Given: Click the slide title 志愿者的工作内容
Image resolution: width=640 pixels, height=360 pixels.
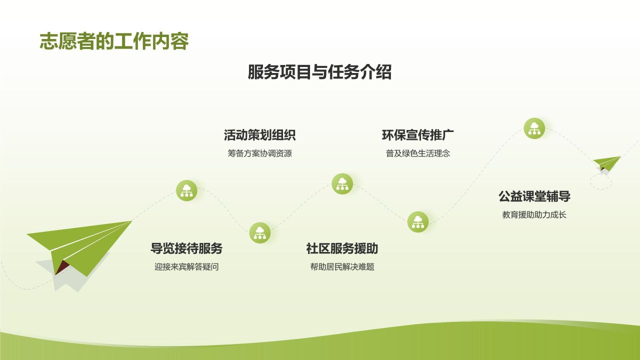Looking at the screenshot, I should [114, 42].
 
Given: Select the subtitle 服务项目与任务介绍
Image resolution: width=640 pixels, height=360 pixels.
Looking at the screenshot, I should [319, 72].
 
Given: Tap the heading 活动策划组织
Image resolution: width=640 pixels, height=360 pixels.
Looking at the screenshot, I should [259, 135].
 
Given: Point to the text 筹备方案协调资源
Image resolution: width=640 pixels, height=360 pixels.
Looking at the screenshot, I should [259, 153].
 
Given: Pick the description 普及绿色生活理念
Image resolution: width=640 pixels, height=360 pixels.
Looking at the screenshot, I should [417, 153].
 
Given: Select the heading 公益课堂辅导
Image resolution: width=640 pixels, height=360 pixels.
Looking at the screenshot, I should [534, 196].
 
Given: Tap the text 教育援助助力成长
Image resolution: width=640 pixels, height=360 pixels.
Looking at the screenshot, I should [534, 215].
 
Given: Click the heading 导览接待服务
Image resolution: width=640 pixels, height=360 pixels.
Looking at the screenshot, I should [186, 248].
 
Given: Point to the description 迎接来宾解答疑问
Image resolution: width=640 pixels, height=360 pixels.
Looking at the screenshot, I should [186, 267].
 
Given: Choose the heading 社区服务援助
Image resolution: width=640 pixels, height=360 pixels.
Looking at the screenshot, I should [342, 248].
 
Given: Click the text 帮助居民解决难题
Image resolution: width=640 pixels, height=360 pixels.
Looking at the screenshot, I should [342, 267].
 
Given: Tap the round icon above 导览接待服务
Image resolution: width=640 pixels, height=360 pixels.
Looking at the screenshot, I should [186, 190].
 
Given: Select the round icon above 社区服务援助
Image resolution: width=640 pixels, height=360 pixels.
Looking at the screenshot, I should [342, 183].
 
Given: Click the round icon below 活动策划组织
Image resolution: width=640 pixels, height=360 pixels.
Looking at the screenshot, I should [259, 232].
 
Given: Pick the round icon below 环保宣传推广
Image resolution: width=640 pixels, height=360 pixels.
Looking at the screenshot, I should [417, 221].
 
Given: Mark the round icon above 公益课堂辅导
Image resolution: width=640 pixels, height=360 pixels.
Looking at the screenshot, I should [534, 128].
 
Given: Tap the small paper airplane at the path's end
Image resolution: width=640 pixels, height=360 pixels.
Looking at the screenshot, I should [607, 162].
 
